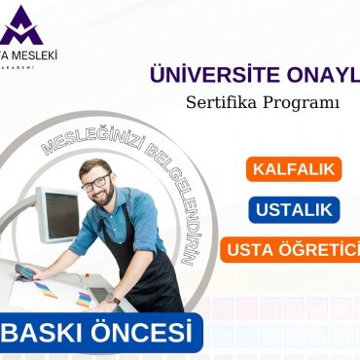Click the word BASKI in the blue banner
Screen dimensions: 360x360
pos(51,334)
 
